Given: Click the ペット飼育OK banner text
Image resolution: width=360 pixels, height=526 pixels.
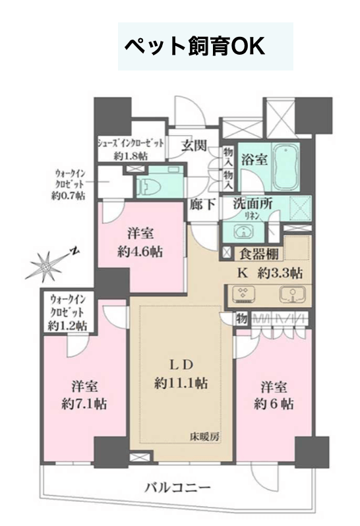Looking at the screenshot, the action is coord(195,46).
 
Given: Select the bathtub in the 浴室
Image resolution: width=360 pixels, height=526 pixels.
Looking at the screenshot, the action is coord(285,167).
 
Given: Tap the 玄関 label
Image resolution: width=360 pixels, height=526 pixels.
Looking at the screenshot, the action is coord(194,146).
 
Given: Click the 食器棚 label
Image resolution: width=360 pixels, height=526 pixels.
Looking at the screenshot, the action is coord(258,254).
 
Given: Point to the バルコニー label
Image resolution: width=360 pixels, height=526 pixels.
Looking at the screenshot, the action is coord(178,487).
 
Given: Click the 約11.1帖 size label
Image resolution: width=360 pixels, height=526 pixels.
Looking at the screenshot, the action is coord(181,383).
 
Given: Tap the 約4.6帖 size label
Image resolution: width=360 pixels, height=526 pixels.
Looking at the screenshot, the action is coord(140,251).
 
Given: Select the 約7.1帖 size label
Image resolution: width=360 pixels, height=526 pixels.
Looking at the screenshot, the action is coord(84,403).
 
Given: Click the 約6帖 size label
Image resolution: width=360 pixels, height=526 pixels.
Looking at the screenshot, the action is coord(274,403).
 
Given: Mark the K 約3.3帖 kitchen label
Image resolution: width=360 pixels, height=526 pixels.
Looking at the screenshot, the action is coord(270,273).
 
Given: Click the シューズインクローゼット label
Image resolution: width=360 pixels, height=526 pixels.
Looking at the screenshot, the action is coord(131,143).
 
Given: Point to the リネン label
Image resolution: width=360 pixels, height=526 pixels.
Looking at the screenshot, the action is coord(253,216).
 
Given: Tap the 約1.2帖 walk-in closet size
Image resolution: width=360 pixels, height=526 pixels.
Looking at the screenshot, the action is coord(67,325).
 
